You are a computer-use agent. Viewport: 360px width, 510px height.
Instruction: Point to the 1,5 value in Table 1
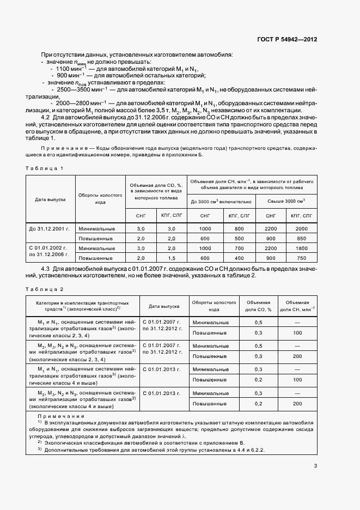pos(171,257)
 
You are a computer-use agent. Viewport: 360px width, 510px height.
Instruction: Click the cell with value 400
pos(239,257)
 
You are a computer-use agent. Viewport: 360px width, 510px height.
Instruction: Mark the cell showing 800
pos(239,229)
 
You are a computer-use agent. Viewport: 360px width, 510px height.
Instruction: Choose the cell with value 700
pos(239,248)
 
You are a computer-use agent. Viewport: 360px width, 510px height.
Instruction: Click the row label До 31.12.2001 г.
pos(50,229)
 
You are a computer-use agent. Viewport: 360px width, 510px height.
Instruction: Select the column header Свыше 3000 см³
pos(286,201)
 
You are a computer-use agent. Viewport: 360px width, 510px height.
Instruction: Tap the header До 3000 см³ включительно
pos(221,201)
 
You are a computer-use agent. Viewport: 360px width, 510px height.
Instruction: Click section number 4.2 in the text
pos(46,118)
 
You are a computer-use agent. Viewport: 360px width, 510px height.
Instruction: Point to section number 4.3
pos(46,269)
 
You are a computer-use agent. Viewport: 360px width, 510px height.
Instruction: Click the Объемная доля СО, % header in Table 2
pos(259,305)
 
